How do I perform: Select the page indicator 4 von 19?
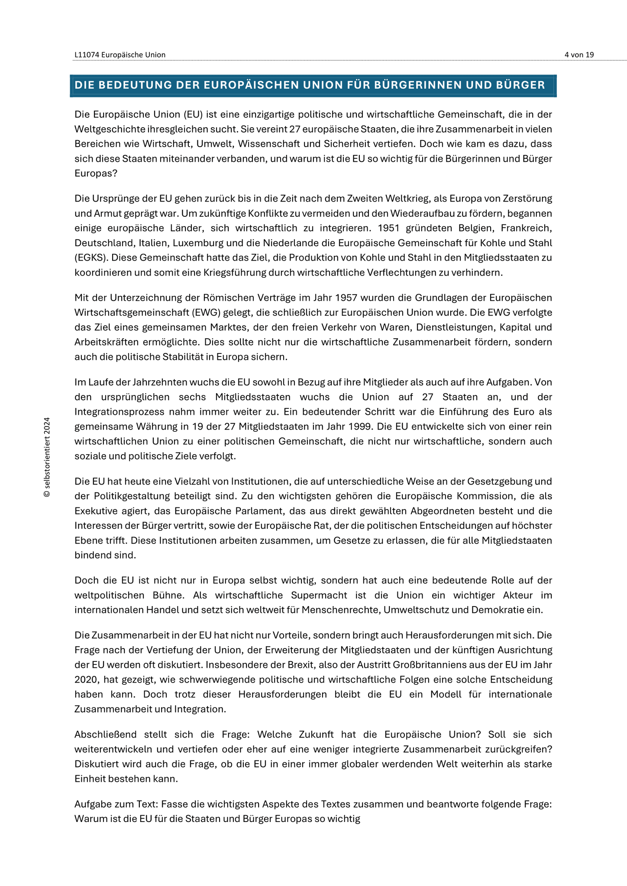[x=579, y=55]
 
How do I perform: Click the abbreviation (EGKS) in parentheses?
[x=91, y=258]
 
